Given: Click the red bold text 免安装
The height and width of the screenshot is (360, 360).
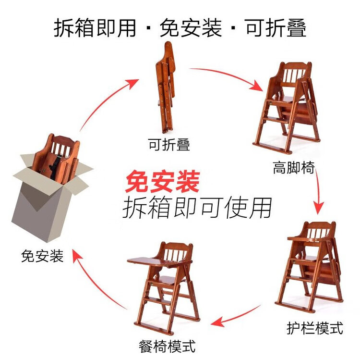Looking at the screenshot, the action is (x=163, y=181).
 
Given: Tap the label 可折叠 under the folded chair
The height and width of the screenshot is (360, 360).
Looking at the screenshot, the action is (x=169, y=144).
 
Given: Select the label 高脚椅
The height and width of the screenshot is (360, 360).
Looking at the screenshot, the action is (x=294, y=168).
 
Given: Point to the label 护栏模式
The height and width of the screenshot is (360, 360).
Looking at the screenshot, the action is (x=315, y=328).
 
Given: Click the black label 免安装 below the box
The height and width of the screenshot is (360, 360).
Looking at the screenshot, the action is (x=42, y=256).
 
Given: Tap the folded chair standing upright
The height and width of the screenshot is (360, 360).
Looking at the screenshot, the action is (x=166, y=87).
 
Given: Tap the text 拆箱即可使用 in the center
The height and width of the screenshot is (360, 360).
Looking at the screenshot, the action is (x=197, y=208).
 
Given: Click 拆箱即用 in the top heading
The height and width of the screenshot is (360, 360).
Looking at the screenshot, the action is (x=95, y=28).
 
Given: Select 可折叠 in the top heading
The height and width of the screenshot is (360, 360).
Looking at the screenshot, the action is (x=275, y=28).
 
